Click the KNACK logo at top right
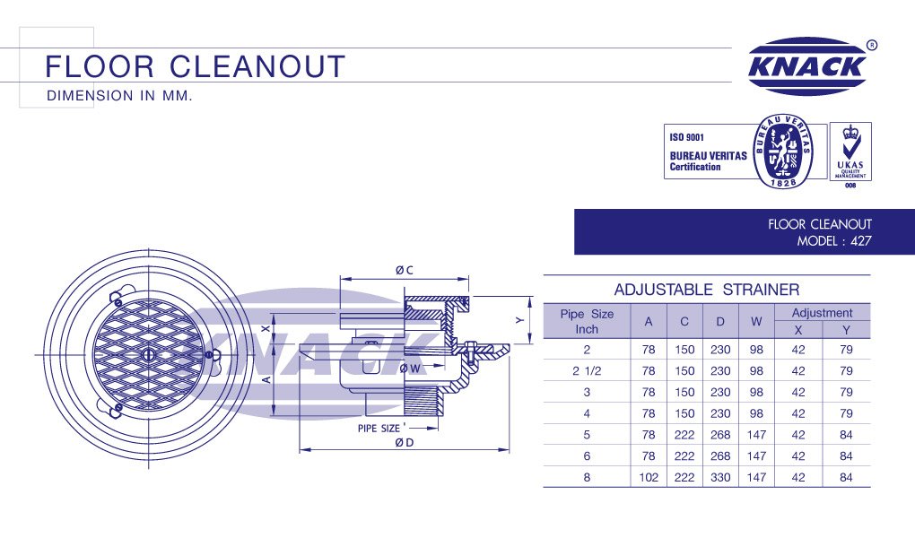click(808, 66)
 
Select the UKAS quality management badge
click(850, 152)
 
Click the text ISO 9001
click(687, 138)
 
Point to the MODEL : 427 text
click(834, 241)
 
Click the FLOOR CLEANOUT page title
click(196, 66)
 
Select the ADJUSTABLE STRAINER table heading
click(706, 290)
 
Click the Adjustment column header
click(822, 313)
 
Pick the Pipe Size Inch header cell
click(587, 321)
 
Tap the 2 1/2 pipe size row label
click(587, 370)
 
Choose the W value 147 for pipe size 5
click(756, 435)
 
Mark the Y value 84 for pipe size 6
click(846, 456)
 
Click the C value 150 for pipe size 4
click(684, 413)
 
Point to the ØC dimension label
click(404, 270)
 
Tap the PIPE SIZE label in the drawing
click(380, 429)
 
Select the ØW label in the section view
click(411, 368)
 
